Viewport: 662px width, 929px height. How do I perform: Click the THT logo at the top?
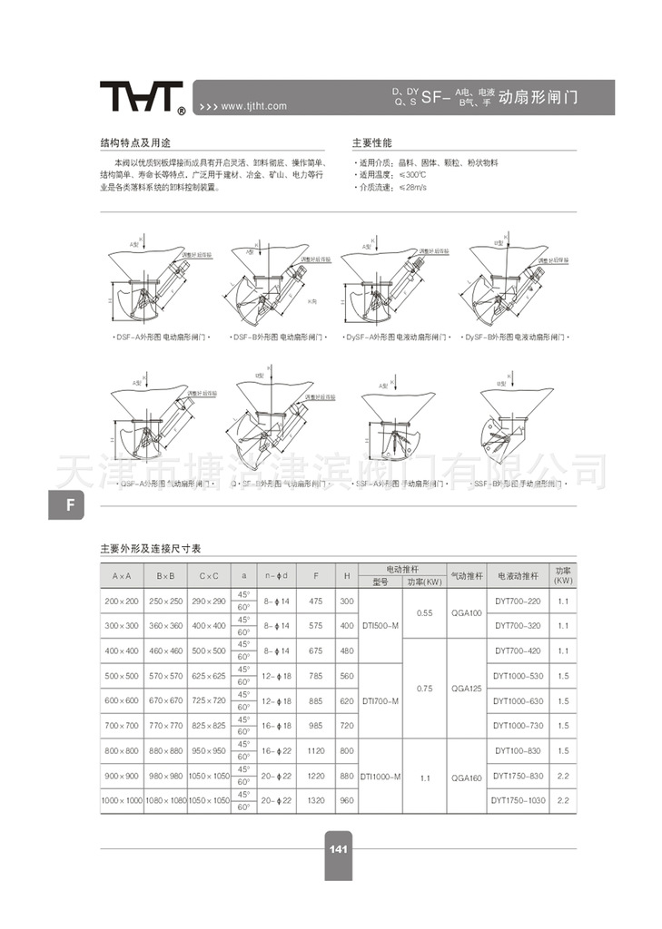(x=142, y=98)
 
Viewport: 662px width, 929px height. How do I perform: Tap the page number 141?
(x=338, y=849)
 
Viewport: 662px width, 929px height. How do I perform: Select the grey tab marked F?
(x=68, y=505)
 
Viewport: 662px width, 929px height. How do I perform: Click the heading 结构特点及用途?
(x=135, y=143)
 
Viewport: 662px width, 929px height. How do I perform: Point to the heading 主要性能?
(x=371, y=143)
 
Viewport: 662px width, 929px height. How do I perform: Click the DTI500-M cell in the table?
(x=380, y=625)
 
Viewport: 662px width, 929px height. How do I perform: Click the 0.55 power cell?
(x=424, y=613)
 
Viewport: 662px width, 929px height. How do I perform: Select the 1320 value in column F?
(x=315, y=801)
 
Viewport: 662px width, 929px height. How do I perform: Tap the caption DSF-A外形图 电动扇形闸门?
(x=162, y=337)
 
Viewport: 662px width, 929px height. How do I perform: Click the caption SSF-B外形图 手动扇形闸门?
(x=517, y=484)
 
